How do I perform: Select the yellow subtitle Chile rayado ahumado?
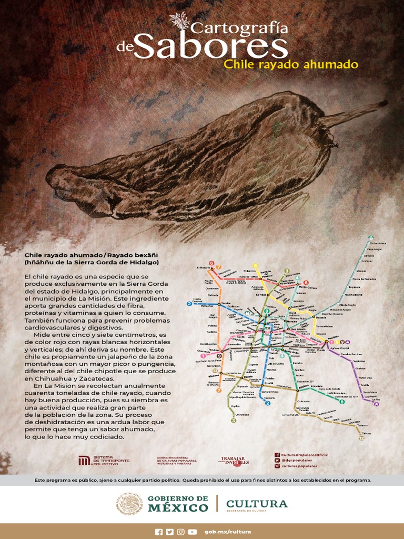tap(291, 65)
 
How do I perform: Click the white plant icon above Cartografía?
tap(180, 22)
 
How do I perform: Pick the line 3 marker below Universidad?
tap(234, 421)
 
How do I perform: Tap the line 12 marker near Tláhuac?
tap(361, 438)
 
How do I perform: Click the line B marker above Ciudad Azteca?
tap(371, 238)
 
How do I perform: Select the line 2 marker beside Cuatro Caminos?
tap(189, 304)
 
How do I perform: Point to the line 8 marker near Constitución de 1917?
tap(357, 402)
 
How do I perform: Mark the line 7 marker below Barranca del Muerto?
tap(218, 390)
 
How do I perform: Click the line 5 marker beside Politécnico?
tap(256, 265)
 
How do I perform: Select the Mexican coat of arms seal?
tap(129, 504)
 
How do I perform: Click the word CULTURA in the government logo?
tap(257, 504)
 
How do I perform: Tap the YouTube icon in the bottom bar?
tap(193, 532)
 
